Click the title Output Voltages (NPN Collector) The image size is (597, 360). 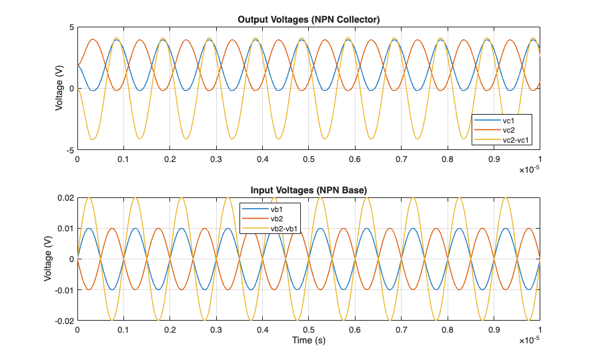309,19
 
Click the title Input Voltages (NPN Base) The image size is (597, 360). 309,191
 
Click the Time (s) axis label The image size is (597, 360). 308,340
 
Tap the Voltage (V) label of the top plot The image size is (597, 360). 59,88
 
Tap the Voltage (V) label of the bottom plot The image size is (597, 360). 48,259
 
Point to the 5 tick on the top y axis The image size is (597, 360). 71,27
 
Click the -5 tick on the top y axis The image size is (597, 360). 69,151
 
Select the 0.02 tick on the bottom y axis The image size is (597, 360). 65,199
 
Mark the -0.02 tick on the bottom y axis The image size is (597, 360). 63,321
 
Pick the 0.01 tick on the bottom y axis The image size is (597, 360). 65,229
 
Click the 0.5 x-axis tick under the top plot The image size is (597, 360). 308,160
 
